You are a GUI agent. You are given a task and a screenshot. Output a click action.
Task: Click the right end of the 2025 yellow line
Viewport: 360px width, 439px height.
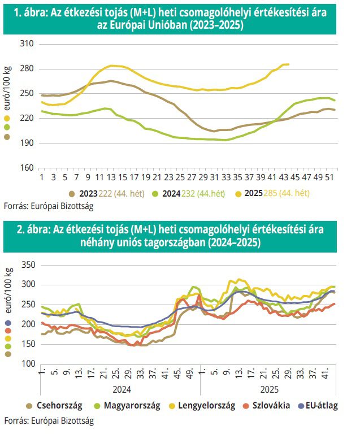coord(289,64)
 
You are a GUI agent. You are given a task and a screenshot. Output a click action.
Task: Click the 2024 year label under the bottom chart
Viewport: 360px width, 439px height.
coord(119,390)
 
